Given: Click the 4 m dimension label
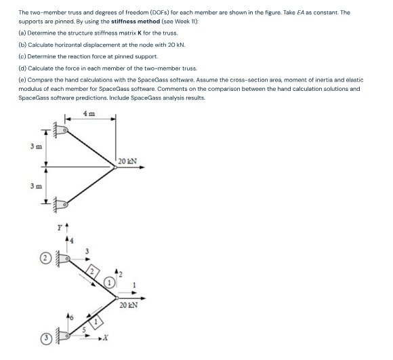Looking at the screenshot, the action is [89, 113].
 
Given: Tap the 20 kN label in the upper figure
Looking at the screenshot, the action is [127, 161].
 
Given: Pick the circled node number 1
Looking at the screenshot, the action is [110, 281].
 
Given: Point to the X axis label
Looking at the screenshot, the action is [115, 338].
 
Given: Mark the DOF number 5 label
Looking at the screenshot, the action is [84, 329].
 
